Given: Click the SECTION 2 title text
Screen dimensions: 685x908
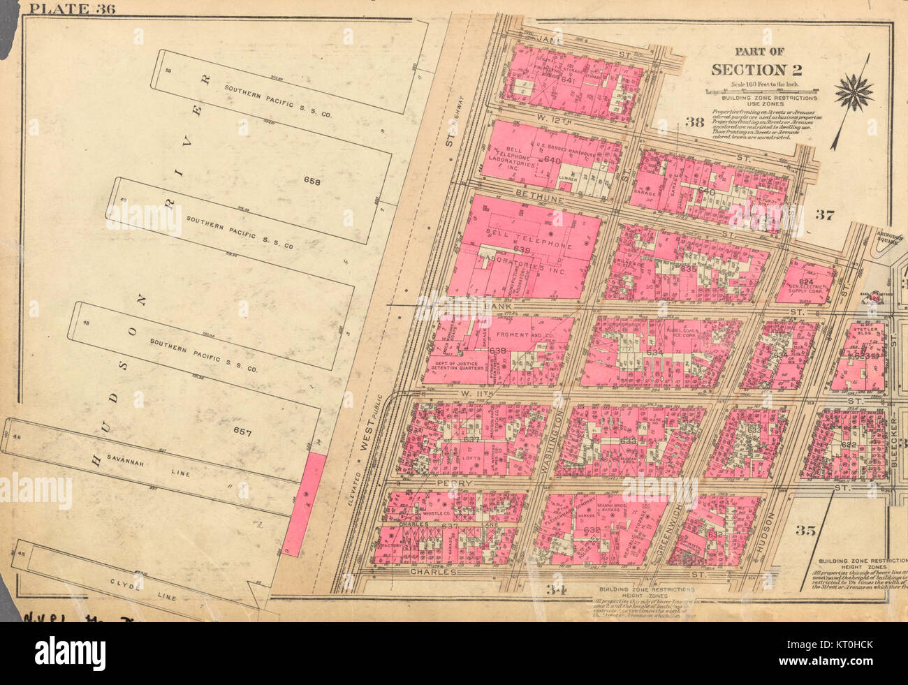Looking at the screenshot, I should (x=757, y=69).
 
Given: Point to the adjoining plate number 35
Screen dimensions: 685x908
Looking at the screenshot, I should (x=805, y=530).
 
